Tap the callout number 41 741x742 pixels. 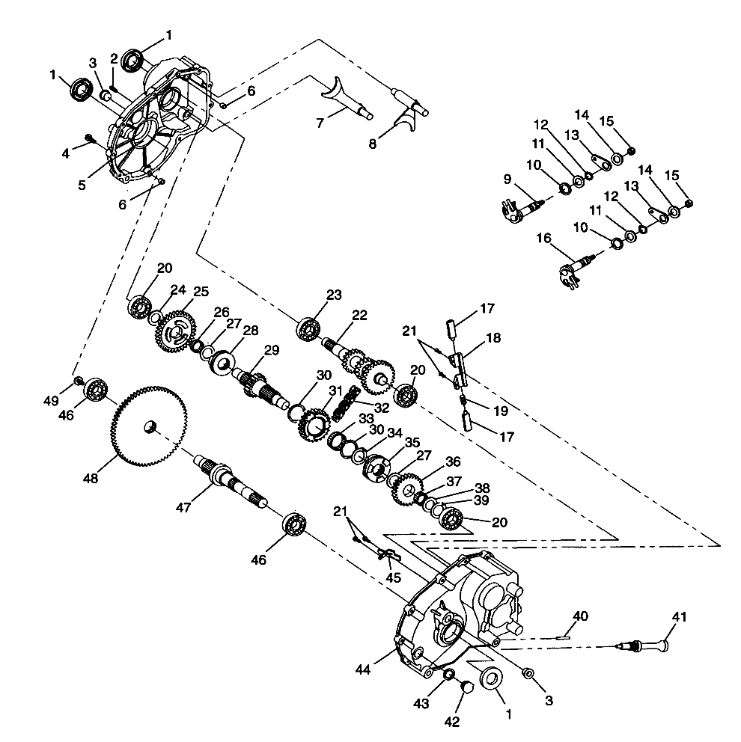[x=678, y=617]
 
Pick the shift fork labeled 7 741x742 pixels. [x=341, y=97]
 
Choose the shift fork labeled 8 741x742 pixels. [x=407, y=110]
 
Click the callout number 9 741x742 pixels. [x=507, y=180]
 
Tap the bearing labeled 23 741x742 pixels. [x=308, y=328]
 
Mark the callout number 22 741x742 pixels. [x=360, y=315]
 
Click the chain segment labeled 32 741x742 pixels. [x=344, y=404]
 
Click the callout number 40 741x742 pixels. [x=580, y=616]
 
